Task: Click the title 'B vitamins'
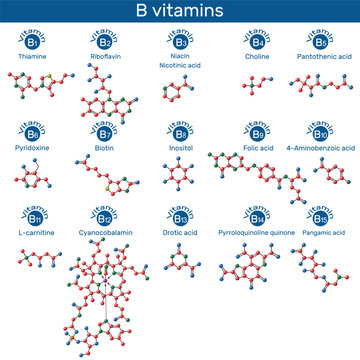(x=179, y=10)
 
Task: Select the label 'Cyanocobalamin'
(x=100, y=232)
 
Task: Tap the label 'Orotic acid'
(x=180, y=232)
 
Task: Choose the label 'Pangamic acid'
(x=320, y=232)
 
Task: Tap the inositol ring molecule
(x=180, y=181)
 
